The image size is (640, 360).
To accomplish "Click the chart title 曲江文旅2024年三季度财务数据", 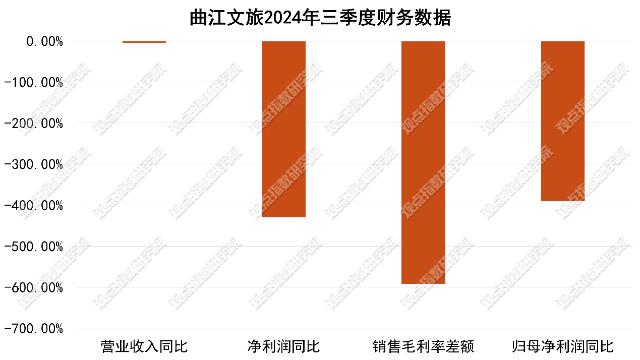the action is tap(320, 18).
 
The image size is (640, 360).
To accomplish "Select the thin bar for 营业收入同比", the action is tap(144, 42).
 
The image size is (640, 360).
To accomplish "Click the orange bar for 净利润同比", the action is tap(284, 129).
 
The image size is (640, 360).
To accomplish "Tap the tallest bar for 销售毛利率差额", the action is tap(423, 162).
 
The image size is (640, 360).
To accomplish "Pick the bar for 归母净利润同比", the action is tap(562, 121).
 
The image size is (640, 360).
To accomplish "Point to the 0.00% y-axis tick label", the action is tap(44, 42).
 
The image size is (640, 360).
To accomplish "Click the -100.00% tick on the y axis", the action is tap(34, 83).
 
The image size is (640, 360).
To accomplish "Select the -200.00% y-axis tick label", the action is tap(34, 124).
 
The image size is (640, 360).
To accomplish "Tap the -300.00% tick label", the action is tap(34, 164).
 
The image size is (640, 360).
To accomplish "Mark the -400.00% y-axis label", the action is tap(34, 206).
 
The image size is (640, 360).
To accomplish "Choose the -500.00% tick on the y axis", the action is tap(34, 247).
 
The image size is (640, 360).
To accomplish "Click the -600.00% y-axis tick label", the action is tap(34, 288).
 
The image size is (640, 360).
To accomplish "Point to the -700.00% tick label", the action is tap(34, 329).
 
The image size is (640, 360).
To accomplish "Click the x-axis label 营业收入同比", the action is tap(144, 346).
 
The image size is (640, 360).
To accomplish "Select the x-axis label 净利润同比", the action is tap(284, 346).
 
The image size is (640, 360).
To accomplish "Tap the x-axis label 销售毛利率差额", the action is tap(423, 346).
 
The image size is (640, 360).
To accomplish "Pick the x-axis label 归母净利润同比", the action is tap(562, 346).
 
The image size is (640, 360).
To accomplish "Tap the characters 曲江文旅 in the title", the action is tap(226, 18).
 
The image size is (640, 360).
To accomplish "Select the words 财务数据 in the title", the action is tap(414, 18).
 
